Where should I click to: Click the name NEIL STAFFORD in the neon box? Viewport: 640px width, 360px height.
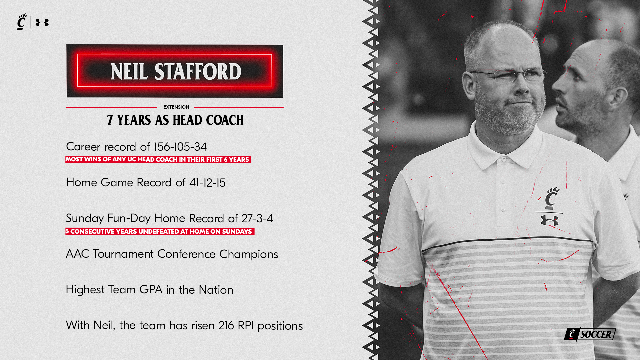[x=176, y=71]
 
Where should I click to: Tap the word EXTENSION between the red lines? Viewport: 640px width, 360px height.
[x=176, y=107]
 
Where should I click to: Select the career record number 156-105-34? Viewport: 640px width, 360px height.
[x=180, y=147]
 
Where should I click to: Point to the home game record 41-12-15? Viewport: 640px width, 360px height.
[x=207, y=183]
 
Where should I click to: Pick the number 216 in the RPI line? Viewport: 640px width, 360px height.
[x=226, y=325]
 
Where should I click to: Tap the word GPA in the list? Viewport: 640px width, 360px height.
[x=151, y=289]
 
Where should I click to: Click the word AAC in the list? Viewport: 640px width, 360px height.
[x=77, y=254]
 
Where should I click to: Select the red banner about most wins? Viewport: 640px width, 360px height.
[x=158, y=159]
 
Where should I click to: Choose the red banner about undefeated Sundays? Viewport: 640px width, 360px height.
[x=160, y=231]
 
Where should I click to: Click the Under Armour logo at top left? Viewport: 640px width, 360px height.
[x=42, y=22]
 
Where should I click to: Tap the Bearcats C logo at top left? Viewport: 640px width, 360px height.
[x=22, y=22]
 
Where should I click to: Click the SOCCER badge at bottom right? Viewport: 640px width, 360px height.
[x=590, y=334]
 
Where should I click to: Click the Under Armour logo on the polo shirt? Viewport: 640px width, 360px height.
[x=549, y=220]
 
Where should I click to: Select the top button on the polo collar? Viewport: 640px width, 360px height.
[x=504, y=160]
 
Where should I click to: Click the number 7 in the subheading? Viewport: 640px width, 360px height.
[x=110, y=120]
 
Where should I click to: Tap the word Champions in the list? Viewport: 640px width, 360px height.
[x=249, y=254]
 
